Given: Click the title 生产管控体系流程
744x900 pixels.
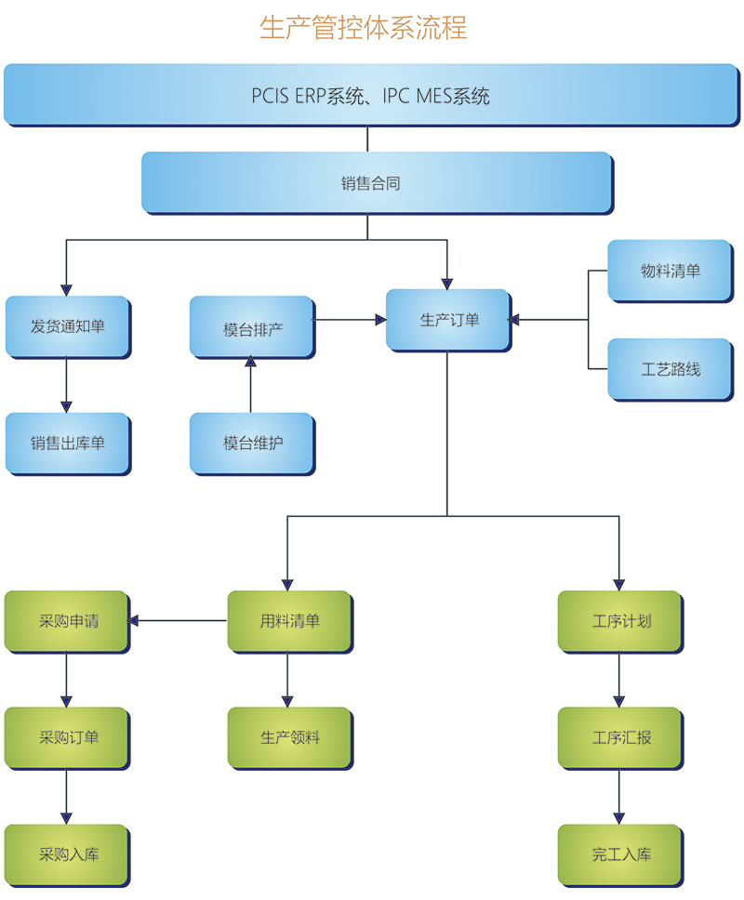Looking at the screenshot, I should tap(363, 28).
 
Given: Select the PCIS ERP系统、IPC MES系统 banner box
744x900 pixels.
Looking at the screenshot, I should tap(370, 94).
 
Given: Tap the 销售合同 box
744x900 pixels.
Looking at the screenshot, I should tap(376, 183).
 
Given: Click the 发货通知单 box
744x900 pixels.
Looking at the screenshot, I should tap(67, 326).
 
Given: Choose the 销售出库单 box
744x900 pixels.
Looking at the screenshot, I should tap(67, 443).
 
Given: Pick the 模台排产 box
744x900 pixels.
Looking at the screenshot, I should tap(251, 327).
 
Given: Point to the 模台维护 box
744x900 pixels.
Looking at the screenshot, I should tap(251, 443).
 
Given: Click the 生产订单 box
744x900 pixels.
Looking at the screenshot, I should tap(448, 320).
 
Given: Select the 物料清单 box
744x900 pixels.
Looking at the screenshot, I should tap(670, 271).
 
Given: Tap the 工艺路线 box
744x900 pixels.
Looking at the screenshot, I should tap(670, 369).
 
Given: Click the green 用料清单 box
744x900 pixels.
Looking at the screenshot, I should tap(289, 621).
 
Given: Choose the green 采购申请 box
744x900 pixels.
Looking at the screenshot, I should tap(67, 621).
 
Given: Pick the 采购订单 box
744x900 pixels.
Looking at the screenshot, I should tap(67, 738).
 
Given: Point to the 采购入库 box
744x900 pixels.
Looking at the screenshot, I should tap(67, 854).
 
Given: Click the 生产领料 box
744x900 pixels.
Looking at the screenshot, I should tap(289, 738).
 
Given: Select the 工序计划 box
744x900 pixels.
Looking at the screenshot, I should tap(620, 621).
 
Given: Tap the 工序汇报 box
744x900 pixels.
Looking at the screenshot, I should tap(620, 738).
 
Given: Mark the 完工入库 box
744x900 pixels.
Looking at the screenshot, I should tap(620, 854).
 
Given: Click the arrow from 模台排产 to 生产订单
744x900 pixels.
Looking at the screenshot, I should tap(349, 320).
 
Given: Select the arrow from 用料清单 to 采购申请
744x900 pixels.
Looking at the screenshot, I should tap(179, 620).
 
